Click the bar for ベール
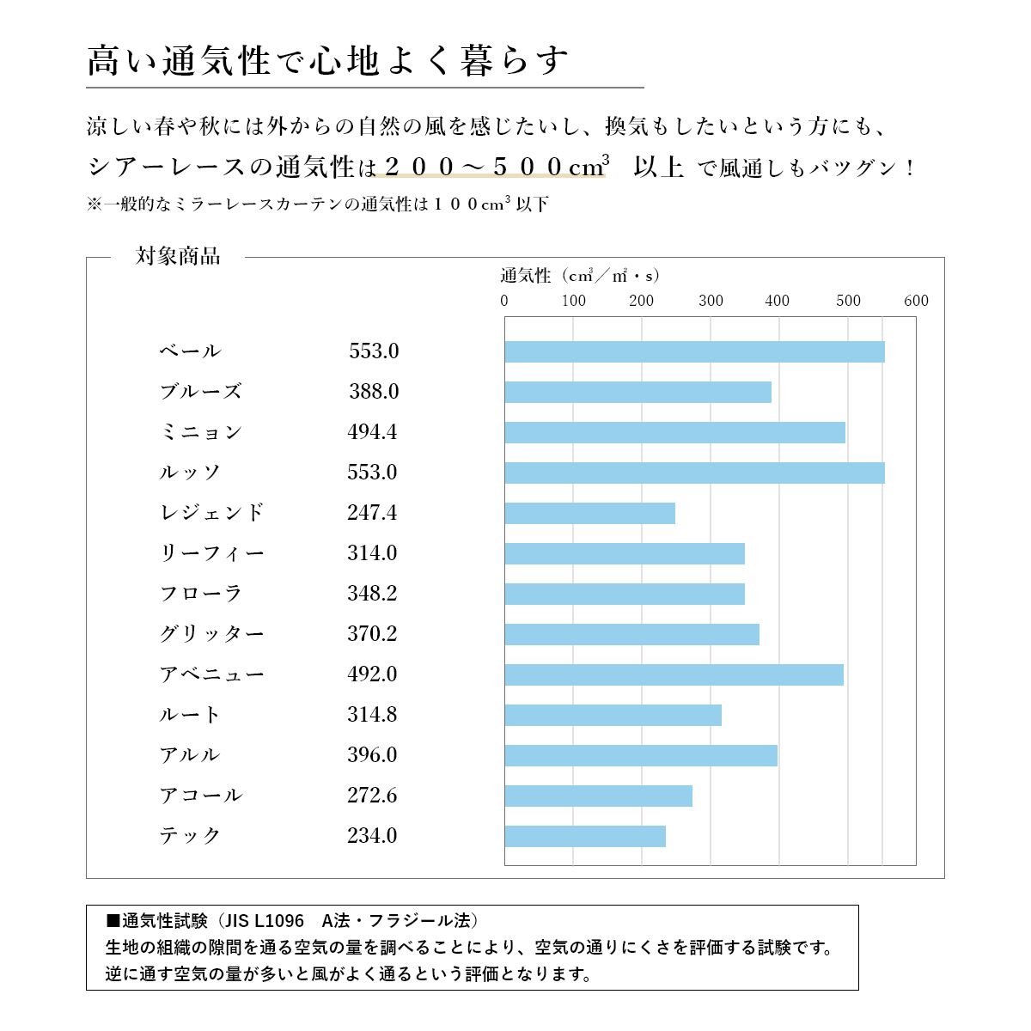pyautogui.click(x=694, y=351)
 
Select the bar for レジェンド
pyautogui.click(x=589, y=513)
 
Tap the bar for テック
pyautogui.click(x=585, y=836)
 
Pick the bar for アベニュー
pyautogui.click(x=674, y=674)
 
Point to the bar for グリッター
pyautogui.click(x=631, y=634)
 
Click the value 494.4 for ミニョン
pyautogui.click(x=372, y=431)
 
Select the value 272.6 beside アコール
pyautogui.click(x=372, y=795)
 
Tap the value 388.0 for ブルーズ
pyautogui.click(x=374, y=391)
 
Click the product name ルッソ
pyautogui.click(x=190, y=472)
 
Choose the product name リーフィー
pyautogui.click(x=211, y=552)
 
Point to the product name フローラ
pyautogui.click(x=201, y=593)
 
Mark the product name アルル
pyautogui.click(x=190, y=754)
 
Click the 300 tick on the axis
pyautogui.click(x=711, y=301)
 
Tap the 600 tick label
pyautogui.click(x=916, y=301)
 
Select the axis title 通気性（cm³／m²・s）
pyautogui.click(x=580, y=276)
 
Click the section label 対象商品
pyautogui.click(x=178, y=256)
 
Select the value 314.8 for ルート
pyautogui.click(x=372, y=714)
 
